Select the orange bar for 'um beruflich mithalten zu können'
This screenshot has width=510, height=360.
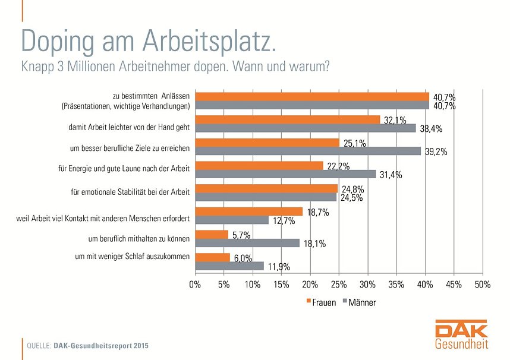212,235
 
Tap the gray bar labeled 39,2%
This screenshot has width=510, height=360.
308,151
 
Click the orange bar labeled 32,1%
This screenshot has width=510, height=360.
288,119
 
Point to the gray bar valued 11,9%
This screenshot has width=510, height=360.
229,266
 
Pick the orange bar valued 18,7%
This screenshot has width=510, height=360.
249,211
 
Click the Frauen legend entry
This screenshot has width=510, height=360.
323,302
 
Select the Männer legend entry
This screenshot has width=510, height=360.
358,302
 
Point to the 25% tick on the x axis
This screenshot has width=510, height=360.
339,285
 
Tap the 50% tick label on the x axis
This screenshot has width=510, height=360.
482,285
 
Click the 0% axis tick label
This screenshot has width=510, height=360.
195,285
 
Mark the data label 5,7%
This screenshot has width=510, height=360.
241,235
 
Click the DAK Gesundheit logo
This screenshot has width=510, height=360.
461,336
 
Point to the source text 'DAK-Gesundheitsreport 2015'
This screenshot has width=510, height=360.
100,345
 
